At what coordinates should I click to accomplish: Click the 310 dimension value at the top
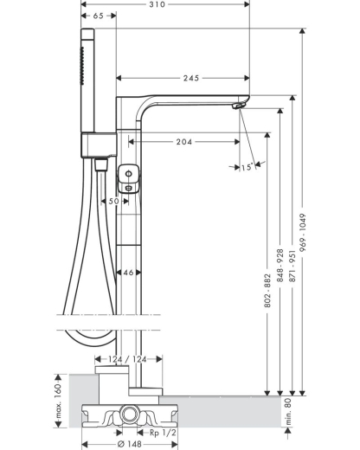click(157, 4)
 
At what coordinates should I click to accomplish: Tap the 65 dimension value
click(98, 16)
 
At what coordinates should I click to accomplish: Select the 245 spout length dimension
click(191, 78)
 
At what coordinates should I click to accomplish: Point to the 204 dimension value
click(184, 142)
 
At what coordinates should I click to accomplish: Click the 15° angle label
click(248, 167)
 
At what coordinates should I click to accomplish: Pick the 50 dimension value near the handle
click(113, 201)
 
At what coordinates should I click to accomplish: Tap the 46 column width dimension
click(128, 273)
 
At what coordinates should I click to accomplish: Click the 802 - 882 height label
click(267, 291)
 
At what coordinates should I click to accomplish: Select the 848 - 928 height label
click(280, 266)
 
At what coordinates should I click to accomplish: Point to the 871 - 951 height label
click(292, 266)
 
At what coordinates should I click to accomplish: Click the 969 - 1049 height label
click(302, 233)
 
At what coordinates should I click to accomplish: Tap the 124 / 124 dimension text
click(127, 359)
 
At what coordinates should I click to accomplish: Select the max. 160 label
click(58, 402)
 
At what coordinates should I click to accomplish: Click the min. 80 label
click(288, 411)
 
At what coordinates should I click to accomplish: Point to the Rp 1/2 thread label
click(163, 433)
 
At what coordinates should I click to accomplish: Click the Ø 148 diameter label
click(130, 444)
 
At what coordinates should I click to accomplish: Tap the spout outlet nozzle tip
click(237, 106)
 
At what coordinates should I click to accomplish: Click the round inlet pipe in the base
click(129, 415)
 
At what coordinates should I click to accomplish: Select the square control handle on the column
click(129, 178)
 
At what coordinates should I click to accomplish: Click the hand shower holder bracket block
click(99, 145)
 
